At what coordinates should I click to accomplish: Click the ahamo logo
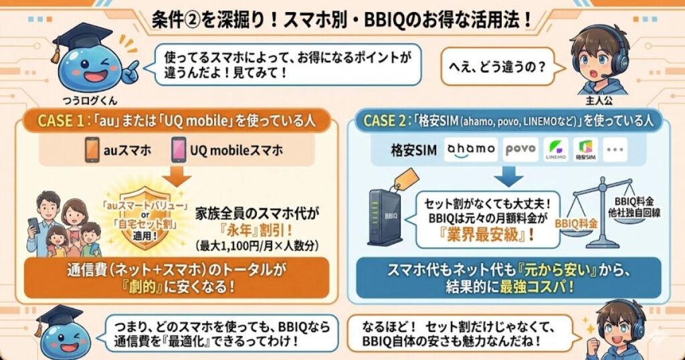[x=471, y=149]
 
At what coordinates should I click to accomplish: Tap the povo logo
[x=520, y=149]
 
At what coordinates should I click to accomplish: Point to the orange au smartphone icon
[x=92, y=150]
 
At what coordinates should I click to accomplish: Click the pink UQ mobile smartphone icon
[x=179, y=150]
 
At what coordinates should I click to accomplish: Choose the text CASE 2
[x=385, y=120]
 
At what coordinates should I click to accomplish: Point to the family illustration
[x=60, y=224]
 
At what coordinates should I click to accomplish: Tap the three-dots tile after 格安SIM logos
[x=616, y=150]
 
